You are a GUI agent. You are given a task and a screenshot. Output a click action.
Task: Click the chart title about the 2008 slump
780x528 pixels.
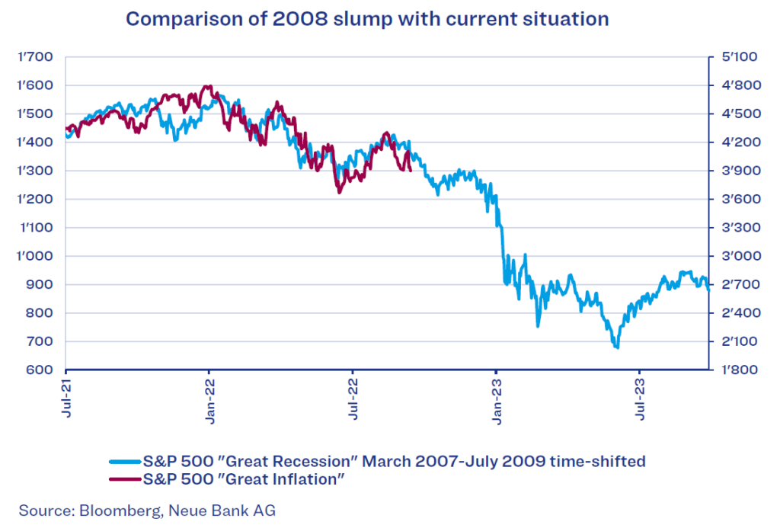(x=367, y=19)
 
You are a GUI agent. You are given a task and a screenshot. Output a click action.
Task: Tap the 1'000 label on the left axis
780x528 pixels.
(x=36, y=256)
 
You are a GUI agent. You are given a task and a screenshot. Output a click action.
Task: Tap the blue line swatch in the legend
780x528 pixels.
(x=125, y=461)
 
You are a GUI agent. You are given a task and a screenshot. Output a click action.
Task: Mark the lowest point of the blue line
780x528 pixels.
(x=616, y=347)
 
